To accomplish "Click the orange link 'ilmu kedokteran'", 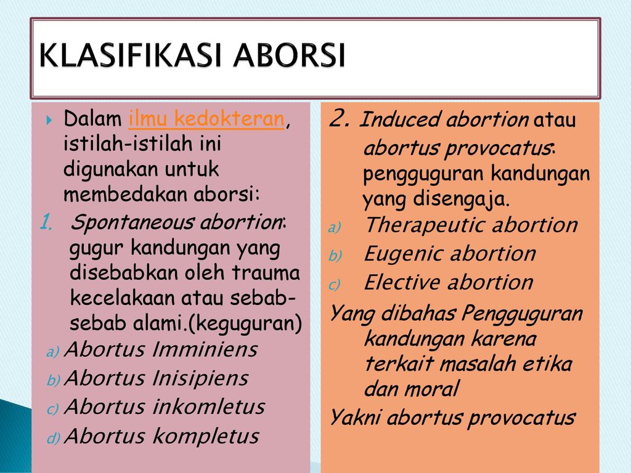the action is pos(206,119).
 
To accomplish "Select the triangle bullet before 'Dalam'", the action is pos(49,120).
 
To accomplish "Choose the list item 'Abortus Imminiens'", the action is pos(161,349).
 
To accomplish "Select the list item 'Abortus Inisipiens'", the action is pos(156,378).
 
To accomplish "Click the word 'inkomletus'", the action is pos(209,406).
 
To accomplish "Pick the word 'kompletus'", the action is pos(206,437).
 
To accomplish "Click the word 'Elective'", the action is pos(401,282).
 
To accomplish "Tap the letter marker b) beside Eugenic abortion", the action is pos(335,256).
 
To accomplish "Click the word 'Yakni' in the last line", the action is pos(355,418).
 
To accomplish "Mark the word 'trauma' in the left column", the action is pos(266,273).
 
